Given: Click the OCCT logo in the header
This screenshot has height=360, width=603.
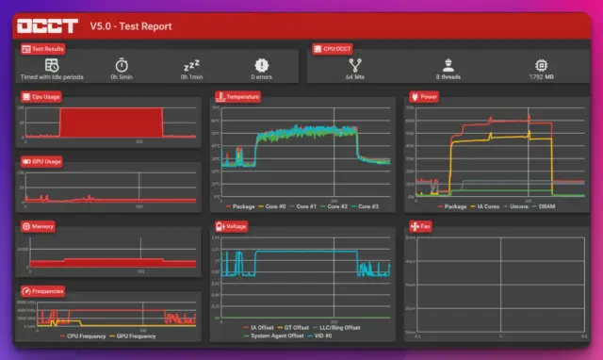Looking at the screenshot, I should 47,25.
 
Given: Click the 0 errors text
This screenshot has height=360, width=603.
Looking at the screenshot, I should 260,77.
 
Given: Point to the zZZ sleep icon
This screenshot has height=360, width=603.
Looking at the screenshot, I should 190,64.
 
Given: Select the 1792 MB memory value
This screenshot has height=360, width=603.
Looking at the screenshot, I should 542,77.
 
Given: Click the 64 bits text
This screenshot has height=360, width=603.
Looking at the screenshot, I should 356,77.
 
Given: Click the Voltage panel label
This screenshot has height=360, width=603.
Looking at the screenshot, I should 235,226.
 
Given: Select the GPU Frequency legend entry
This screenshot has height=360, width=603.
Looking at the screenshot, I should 135,335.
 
